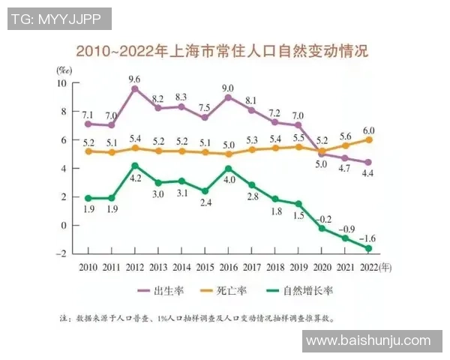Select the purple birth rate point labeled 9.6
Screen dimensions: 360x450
pyautogui.click(x=135, y=88)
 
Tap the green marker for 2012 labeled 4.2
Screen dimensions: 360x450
pyautogui.click(x=135, y=166)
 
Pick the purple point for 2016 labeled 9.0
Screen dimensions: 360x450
pyautogui.click(x=228, y=97)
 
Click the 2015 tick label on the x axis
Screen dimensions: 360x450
pyautogui.click(x=205, y=266)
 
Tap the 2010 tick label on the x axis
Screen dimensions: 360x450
pyautogui.click(x=88, y=266)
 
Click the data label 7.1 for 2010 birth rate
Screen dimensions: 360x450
pyautogui.click(x=88, y=114)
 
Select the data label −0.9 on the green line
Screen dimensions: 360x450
pyautogui.click(x=346, y=229)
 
